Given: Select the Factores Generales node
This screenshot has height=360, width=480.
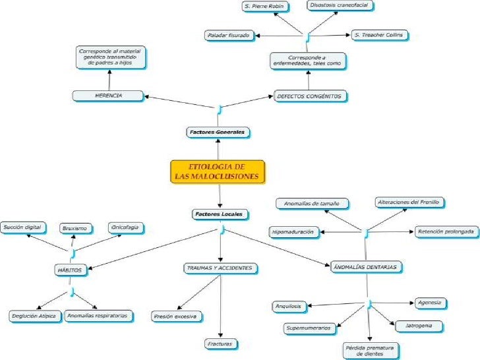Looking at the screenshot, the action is click(217, 132).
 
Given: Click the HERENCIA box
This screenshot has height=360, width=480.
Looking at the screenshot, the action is click(109, 96).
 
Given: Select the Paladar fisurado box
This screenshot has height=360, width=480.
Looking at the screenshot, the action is click(228, 34).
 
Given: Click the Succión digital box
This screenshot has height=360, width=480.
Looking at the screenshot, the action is click(23, 227).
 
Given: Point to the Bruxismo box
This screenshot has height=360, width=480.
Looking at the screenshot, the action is click(75, 227).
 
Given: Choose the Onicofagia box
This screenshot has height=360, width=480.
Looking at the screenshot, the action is click(126, 227).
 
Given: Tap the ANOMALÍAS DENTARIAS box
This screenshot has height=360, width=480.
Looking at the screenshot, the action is click(367, 267).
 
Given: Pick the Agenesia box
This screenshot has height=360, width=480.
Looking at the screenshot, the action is click(430, 303).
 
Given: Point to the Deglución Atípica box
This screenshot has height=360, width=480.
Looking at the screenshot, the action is click(34, 316).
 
